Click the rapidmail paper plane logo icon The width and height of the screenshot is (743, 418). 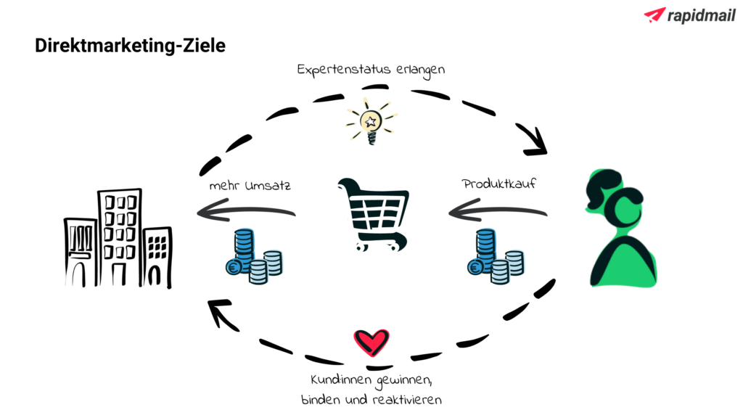point(654,15)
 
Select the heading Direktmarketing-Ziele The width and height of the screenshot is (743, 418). point(130,46)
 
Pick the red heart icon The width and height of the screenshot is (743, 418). point(371,342)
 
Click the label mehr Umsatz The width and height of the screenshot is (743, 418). point(250,186)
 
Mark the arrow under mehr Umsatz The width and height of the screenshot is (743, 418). point(246,211)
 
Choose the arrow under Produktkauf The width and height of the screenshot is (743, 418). point(498,212)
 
